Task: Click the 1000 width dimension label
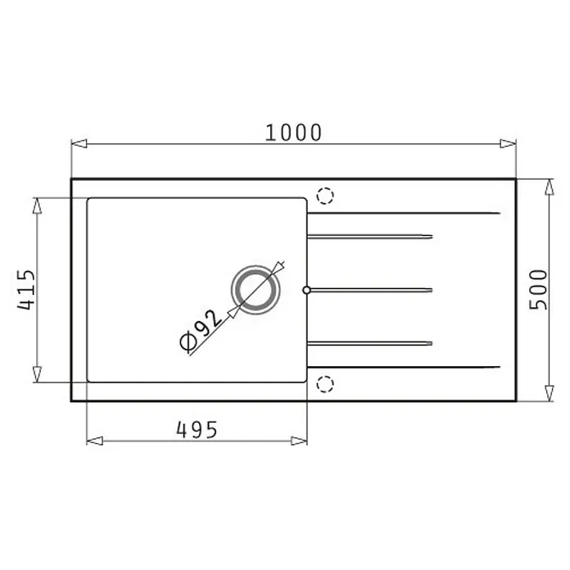293,133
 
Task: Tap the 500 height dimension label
538,290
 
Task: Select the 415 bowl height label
26,290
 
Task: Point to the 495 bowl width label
197,430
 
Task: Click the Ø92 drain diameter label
201,331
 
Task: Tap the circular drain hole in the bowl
256,290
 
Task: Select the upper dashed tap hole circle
325,196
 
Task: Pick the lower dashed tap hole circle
325,384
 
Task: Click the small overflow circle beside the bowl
307,290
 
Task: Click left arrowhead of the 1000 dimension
79,143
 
